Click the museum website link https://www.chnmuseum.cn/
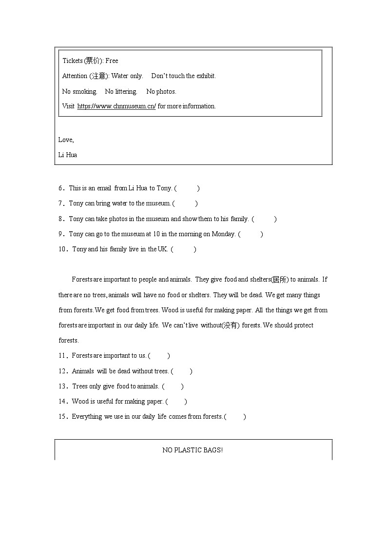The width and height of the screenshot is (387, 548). [x=116, y=106]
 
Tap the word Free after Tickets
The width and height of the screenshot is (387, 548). [x=112, y=61]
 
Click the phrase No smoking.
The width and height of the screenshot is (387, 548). [x=79, y=92]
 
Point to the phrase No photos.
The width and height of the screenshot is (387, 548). [x=161, y=92]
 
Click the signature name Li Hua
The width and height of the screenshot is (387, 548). [x=68, y=155]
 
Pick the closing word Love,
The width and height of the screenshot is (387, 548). [x=66, y=140]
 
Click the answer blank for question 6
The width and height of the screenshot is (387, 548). [x=187, y=188]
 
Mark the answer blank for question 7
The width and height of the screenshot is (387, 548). [x=185, y=203]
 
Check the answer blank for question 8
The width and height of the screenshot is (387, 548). [x=264, y=219]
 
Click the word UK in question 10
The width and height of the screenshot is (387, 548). [x=162, y=249]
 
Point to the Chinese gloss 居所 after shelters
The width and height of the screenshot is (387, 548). [x=280, y=280]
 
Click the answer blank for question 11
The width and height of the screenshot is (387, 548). [x=158, y=356]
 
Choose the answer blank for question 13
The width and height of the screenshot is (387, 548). [x=173, y=386]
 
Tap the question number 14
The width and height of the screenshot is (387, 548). [x=62, y=402]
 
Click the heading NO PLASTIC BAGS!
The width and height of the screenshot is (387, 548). [x=193, y=450]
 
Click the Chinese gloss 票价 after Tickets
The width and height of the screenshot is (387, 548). [x=93, y=61]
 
